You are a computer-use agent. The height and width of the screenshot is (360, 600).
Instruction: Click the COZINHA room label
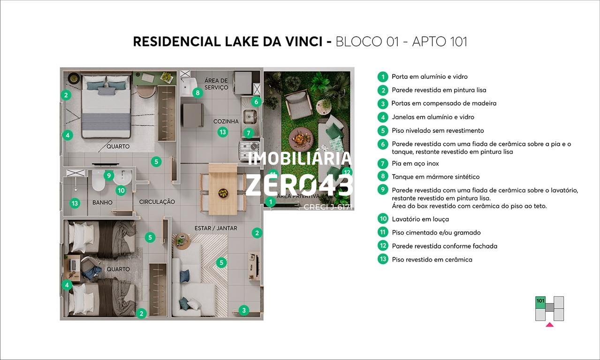click(x=226, y=122)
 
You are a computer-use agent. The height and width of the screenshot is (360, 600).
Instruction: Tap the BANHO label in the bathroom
click(x=102, y=202)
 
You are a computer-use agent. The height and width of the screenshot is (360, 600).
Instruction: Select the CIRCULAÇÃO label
click(x=157, y=202)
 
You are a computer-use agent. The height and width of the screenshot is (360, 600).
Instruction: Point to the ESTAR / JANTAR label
click(x=216, y=228)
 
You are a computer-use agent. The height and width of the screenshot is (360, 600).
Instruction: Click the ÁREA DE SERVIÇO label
click(x=216, y=84)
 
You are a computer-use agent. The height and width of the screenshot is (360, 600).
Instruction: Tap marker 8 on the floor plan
click(x=197, y=93)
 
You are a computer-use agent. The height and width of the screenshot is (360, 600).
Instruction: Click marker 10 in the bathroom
click(x=121, y=191)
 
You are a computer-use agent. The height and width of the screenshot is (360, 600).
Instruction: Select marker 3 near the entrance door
click(x=244, y=310)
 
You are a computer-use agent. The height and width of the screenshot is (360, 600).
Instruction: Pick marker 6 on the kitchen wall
click(x=256, y=101)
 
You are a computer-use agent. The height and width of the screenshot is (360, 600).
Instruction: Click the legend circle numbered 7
click(x=383, y=163)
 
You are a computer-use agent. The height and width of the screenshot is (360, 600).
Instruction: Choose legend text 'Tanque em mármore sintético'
click(x=435, y=176)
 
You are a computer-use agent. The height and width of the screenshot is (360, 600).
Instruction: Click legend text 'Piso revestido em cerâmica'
click(x=432, y=260)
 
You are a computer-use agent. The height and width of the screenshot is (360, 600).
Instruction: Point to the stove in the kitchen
click(x=249, y=150)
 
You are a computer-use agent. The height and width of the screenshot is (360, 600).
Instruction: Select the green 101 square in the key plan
click(x=540, y=302)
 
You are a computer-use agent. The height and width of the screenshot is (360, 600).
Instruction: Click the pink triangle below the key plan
click(x=550, y=325)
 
